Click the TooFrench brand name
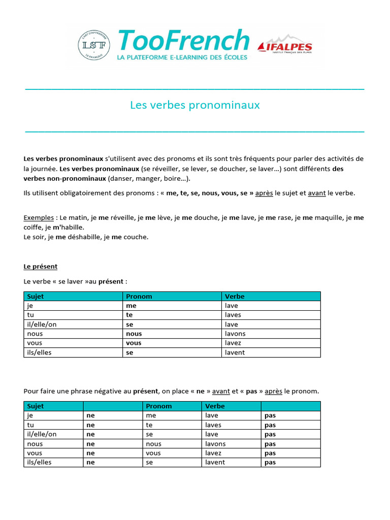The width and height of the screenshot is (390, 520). tap(183, 40)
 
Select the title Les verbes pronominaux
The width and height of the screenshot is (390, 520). tap(195, 105)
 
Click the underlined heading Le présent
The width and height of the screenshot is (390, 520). tap(41, 267)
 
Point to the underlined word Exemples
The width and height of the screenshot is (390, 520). tap(39, 218)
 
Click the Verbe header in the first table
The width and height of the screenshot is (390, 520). tap(235, 297)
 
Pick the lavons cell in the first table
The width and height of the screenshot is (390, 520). tap(235, 334)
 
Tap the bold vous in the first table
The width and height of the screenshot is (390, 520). tap(134, 343)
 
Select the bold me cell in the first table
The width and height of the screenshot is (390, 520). tap(132, 306)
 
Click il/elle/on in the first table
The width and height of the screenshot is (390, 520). tap(40, 324)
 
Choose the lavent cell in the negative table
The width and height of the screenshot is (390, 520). tap(215, 463)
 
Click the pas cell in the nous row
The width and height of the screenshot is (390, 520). tap(270, 444)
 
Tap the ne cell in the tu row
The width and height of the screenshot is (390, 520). tap(91, 425)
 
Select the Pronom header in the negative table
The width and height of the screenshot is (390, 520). tap(159, 406)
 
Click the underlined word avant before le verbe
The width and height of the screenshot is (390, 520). tap(316, 193)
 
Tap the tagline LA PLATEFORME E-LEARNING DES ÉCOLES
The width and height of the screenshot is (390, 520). tap(182, 57)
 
